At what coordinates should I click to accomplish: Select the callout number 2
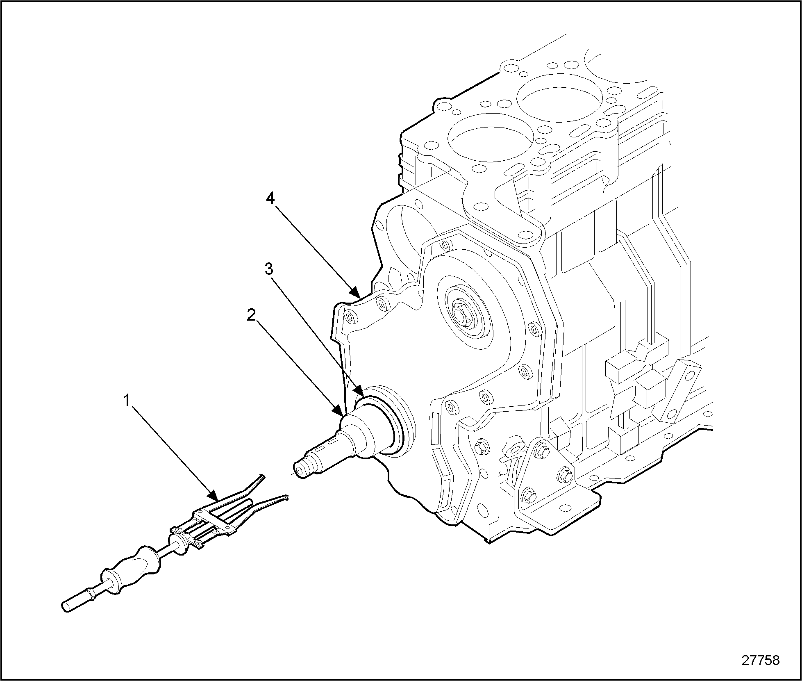coord(251,315)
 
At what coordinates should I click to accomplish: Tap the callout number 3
coord(269,269)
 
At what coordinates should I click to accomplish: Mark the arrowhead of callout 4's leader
coord(356,294)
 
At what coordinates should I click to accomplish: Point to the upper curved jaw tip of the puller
coord(262,476)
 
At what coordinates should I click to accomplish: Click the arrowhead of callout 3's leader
coord(359,388)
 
